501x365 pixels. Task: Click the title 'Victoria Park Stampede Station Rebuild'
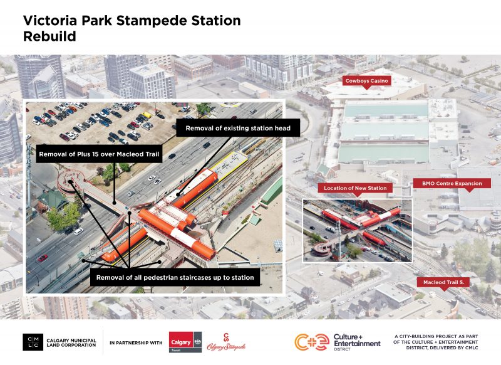click(132, 28)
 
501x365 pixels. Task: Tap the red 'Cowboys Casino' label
click(367, 81)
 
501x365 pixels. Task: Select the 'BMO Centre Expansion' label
click(451, 184)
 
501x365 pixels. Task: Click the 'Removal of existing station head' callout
click(237, 129)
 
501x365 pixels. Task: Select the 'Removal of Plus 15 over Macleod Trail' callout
click(100, 154)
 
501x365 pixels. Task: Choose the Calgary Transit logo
click(185, 342)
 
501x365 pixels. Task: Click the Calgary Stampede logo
click(226, 342)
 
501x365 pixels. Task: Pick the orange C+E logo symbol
click(312, 342)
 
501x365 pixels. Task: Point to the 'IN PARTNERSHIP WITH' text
click(136, 343)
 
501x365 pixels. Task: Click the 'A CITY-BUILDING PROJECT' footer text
click(444, 342)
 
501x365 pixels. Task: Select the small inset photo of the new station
click(357, 231)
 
